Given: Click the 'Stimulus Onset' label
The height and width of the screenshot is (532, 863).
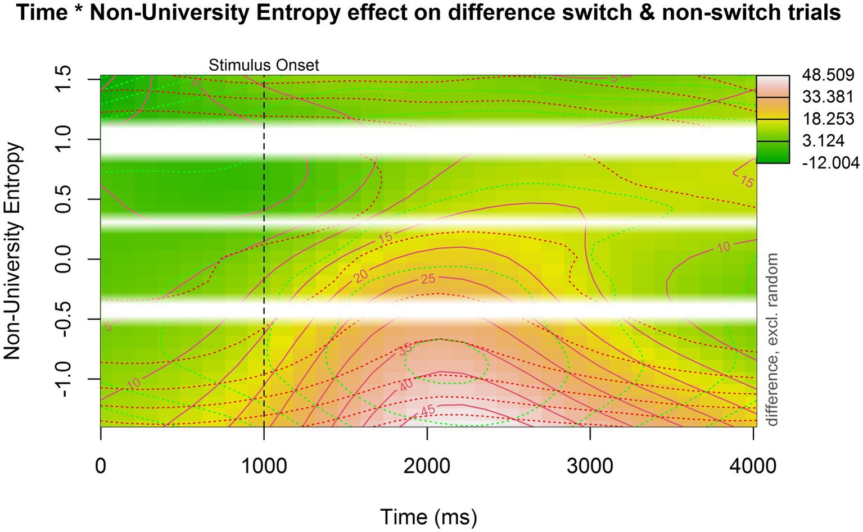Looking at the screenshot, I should click(x=264, y=65).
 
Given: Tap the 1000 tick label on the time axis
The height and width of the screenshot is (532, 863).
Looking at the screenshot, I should click(x=264, y=466).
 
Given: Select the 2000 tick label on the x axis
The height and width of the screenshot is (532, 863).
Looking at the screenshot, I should click(x=427, y=466).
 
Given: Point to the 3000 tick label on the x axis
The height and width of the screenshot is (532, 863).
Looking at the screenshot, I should click(x=590, y=466).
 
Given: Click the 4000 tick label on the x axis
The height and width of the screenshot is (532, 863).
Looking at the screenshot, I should click(x=753, y=466).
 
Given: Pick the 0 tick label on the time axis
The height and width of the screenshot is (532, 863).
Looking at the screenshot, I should click(x=101, y=466).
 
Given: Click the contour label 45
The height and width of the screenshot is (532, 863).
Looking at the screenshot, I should click(x=428, y=411).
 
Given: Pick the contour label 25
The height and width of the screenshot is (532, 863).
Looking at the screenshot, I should click(x=428, y=278).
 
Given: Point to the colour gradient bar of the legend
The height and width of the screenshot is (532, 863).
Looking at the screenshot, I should click(x=772, y=119).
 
